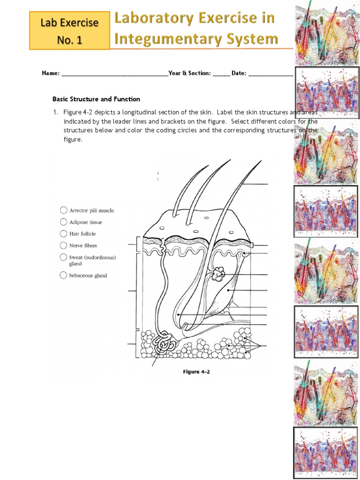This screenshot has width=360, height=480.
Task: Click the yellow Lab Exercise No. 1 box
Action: (70, 31)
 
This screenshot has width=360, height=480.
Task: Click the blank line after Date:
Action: (270, 74)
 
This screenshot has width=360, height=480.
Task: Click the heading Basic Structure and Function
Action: (96, 99)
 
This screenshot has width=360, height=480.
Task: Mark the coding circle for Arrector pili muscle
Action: (63, 210)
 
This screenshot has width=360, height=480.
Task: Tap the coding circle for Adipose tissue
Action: (63, 222)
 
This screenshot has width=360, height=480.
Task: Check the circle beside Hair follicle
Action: (63, 233)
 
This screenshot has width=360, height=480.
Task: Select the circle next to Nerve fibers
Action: (63, 245)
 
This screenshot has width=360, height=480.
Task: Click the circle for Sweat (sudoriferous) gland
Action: (63, 257)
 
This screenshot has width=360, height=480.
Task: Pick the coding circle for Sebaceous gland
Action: (63, 276)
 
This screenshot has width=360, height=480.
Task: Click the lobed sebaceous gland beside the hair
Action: (218, 274)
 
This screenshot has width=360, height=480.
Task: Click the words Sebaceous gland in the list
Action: (88, 276)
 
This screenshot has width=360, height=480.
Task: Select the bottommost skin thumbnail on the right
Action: (326, 452)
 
